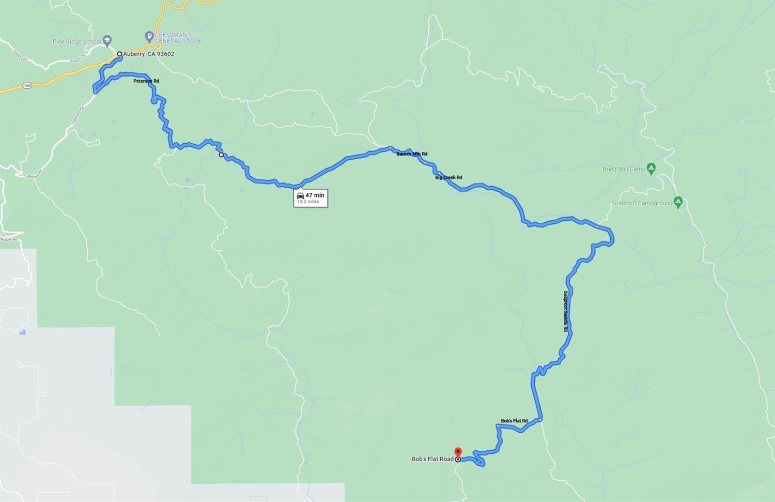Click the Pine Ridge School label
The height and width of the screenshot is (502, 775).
(76, 42)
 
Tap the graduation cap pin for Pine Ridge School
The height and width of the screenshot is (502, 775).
(107, 40)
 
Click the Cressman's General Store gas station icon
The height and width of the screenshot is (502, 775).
(149, 37)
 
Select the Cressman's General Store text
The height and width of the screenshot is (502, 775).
(178, 38)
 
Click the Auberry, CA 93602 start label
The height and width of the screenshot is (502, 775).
(148, 54)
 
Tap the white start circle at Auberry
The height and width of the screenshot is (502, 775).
(119, 54)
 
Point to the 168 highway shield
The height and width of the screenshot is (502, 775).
(27, 86)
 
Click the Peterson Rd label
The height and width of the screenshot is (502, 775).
(146, 81)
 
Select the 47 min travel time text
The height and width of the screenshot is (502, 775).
(315, 195)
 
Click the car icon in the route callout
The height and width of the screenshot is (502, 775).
(300, 195)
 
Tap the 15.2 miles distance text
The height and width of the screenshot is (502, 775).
(308, 202)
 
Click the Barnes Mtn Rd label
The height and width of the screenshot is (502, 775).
(412, 154)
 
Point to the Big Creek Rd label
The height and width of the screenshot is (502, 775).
(448, 177)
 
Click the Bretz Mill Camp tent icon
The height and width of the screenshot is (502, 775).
(652, 168)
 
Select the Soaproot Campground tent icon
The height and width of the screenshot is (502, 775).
(678, 202)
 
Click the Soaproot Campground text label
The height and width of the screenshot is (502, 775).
(642, 203)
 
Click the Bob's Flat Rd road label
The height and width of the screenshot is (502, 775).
(514, 421)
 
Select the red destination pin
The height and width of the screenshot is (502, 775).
(458, 452)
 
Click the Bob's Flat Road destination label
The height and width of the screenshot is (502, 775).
(432, 459)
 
